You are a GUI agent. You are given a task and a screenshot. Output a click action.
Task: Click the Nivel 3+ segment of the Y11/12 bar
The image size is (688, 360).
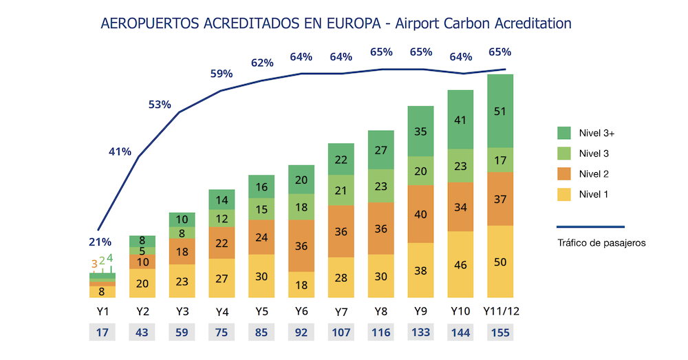pos(500,112)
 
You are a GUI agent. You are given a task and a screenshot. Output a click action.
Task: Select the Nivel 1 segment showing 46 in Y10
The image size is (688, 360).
pos(460,264)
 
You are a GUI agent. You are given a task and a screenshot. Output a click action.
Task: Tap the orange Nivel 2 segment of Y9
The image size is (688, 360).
pos(420,214)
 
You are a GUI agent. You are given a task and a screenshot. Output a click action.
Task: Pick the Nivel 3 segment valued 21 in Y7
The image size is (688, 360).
pos(341,190)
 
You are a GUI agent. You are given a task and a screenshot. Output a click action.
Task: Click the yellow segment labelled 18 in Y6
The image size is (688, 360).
pos(301,284)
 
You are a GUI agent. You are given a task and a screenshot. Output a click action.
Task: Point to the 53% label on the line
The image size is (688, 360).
pos(160,105)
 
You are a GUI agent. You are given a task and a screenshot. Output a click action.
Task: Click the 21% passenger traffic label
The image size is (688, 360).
pos(100,242)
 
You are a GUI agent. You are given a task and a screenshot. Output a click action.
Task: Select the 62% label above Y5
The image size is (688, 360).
pos(261,63)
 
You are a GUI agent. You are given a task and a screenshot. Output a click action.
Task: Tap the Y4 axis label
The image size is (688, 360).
pos(222,311)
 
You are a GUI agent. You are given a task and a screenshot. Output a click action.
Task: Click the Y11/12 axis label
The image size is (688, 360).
pos(500,311)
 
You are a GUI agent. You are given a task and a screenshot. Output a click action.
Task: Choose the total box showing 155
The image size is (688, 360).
pos(500,332)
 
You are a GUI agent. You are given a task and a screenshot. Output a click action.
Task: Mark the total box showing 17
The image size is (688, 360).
pos(102,332)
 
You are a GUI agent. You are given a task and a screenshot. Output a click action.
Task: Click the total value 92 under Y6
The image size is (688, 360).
pos(301,332)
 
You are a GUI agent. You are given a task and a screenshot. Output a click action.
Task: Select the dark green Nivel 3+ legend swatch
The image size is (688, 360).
pos(564,133)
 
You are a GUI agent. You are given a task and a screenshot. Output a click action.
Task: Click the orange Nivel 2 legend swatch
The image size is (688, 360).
pos(564,174)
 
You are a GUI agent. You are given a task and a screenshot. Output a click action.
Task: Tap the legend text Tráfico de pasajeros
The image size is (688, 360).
pos(601,243)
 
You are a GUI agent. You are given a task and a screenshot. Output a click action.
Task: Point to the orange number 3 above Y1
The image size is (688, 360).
pos(94,263)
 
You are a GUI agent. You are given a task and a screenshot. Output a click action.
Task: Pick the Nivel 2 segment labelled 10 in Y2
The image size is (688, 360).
pos(142,262)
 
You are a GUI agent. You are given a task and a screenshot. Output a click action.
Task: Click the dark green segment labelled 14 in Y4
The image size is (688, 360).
pos(222,200)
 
